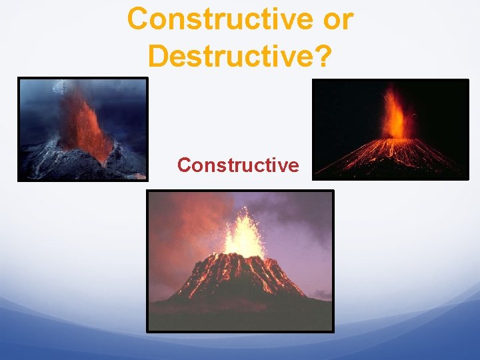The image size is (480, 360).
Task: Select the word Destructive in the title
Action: point(231,55)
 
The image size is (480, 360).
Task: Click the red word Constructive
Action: point(238,165)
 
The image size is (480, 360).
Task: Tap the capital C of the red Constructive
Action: point(184,165)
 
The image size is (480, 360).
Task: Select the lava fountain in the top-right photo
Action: point(393,117)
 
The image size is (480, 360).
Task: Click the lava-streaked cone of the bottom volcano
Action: point(240,277)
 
